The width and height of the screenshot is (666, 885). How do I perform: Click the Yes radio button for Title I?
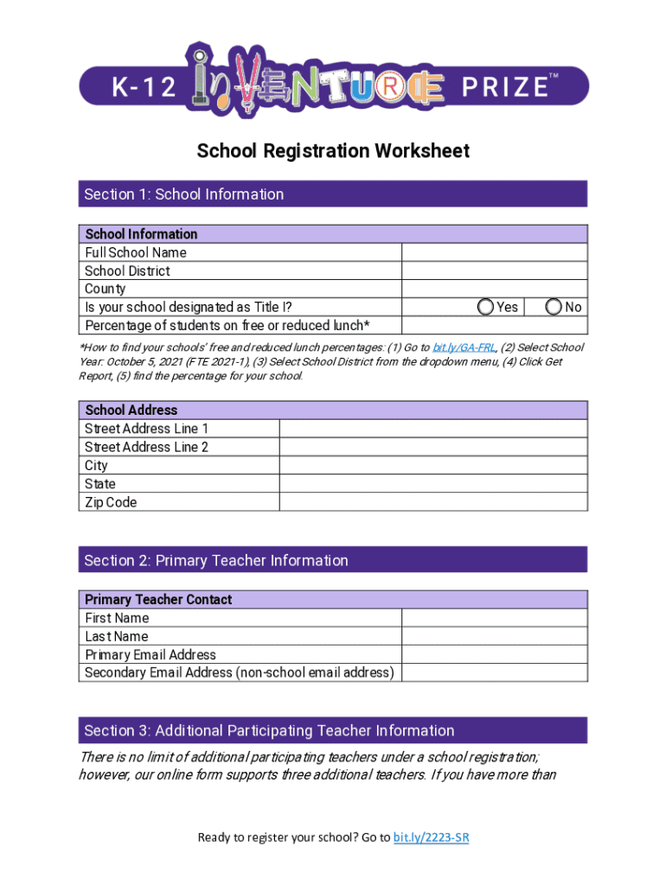click(x=486, y=307)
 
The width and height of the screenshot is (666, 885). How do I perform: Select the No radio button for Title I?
click(x=554, y=307)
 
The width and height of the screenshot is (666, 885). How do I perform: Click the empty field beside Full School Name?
click(x=494, y=252)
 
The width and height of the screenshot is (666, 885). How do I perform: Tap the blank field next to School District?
click(x=494, y=271)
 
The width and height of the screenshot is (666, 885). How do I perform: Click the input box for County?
click(x=494, y=289)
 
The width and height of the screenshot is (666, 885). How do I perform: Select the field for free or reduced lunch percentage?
click(x=494, y=325)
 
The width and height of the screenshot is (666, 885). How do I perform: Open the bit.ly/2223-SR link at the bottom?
click(x=431, y=837)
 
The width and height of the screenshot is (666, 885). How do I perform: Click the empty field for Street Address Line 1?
click(x=432, y=429)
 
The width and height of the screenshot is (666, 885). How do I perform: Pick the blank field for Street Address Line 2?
click(x=432, y=447)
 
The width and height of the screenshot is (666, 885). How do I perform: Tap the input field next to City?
click(x=432, y=465)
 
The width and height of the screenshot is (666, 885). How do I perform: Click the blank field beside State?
click(x=432, y=484)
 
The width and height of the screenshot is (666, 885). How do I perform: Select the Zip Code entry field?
click(x=432, y=502)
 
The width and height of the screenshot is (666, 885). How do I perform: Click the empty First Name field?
click(x=494, y=618)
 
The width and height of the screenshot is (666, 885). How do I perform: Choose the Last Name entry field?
click(x=494, y=636)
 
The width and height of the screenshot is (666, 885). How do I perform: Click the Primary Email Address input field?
click(x=494, y=654)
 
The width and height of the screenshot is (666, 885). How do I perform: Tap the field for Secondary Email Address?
click(x=494, y=672)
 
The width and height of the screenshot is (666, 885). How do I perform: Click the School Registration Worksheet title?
click(x=333, y=151)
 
